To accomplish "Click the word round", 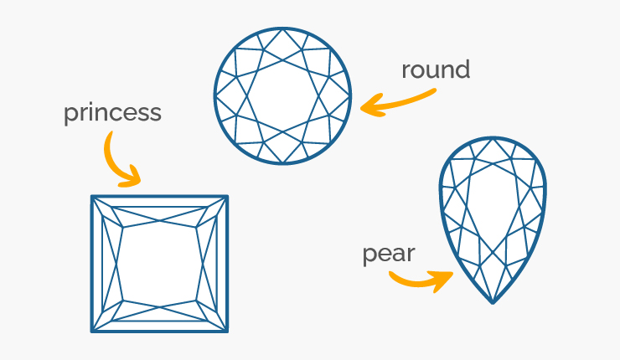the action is (x=436, y=70).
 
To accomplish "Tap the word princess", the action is (x=113, y=113).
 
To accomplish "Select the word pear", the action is (x=389, y=254).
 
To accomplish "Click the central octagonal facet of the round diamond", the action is (x=282, y=95).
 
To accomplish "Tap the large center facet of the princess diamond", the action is (x=159, y=264).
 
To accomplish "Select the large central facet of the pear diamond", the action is (x=493, y=205).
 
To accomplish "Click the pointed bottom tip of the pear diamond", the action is (x=493, y=304).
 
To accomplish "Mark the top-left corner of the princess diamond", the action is (x=91, y=196).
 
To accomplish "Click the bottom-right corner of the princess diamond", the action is (x=227, y=332).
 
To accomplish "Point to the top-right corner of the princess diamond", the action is (x=227, y=196).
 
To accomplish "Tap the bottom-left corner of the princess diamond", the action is (x=91, y=332).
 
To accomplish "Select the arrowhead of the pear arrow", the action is (x=443, y=280).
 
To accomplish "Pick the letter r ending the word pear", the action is (x=411, y=255).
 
